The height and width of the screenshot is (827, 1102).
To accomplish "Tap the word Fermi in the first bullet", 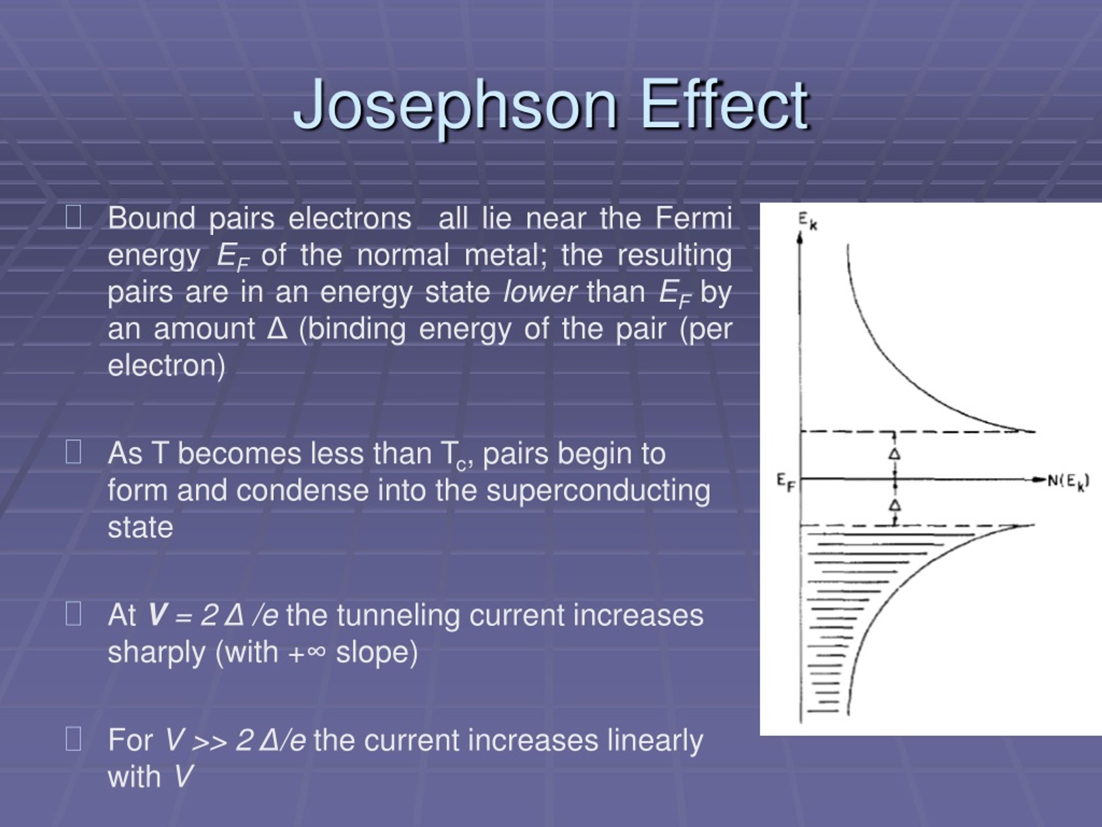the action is point(693,218).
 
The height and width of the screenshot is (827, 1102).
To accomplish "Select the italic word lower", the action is point(540,292).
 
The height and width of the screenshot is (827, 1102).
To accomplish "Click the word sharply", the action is point(156,653).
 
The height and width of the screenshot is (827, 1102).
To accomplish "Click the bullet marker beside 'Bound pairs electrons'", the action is point(73,218).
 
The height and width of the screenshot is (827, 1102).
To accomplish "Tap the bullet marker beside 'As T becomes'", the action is point(73,453).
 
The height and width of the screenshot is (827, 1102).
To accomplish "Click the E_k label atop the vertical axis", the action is point(808,221).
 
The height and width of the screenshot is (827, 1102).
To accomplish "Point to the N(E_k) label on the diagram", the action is point(1068,482).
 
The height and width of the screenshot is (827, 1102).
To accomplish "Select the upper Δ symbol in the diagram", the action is point(895,454).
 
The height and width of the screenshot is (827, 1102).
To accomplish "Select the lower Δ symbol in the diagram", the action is point(895,506).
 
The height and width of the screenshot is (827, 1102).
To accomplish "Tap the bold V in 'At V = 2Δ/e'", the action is point(156,615).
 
